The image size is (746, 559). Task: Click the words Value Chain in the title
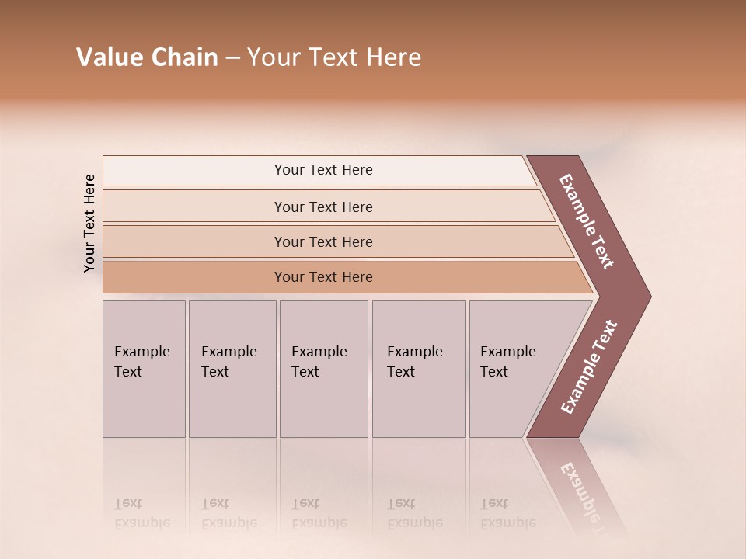pos(147,57)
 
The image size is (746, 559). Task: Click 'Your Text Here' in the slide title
pos(334,57)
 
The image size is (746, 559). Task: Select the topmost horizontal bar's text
pos(323,170)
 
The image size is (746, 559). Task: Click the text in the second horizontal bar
pos(323,207)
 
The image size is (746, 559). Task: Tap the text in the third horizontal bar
pos(323,242)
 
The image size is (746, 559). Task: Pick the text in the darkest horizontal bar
pos(323,277)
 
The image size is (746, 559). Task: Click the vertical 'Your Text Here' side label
pos(89,223)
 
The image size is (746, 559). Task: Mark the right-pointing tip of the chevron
pos(647,297)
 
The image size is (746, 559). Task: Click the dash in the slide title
pos(232,59)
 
